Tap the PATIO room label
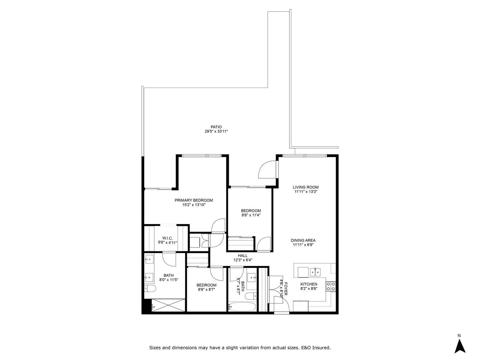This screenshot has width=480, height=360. [216, 127]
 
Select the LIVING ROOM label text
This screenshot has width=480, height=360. [306, 187]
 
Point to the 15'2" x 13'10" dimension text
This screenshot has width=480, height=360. [194, 205]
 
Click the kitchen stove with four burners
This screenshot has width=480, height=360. [331, 286]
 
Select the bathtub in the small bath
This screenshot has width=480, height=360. [242, 307]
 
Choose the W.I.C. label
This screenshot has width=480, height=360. [167, 238]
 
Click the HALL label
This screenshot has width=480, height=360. [243, 255]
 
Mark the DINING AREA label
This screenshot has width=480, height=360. [303, 240]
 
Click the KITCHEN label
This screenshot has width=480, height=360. [308, 284]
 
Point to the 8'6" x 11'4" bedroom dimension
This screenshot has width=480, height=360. [251, 215]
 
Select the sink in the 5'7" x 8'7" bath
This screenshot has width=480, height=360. [252, 276]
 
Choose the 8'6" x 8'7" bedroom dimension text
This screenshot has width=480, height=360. [206, 290]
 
